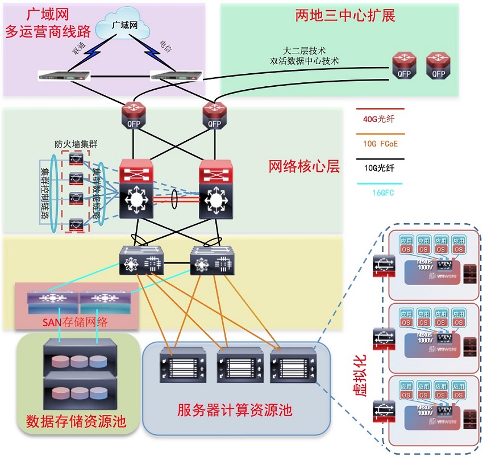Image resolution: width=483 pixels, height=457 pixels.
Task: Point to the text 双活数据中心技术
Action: tap(305, 61)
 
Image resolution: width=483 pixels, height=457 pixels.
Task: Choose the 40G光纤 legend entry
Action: tap(380, 119)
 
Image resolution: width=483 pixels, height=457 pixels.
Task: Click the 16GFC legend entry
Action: tap(380, 192)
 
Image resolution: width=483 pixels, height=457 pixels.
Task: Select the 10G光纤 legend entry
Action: tap(380, 168)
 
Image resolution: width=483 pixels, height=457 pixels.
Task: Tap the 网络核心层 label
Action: tap(303, 166)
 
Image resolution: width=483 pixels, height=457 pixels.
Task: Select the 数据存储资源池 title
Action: tap(76, 421)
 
